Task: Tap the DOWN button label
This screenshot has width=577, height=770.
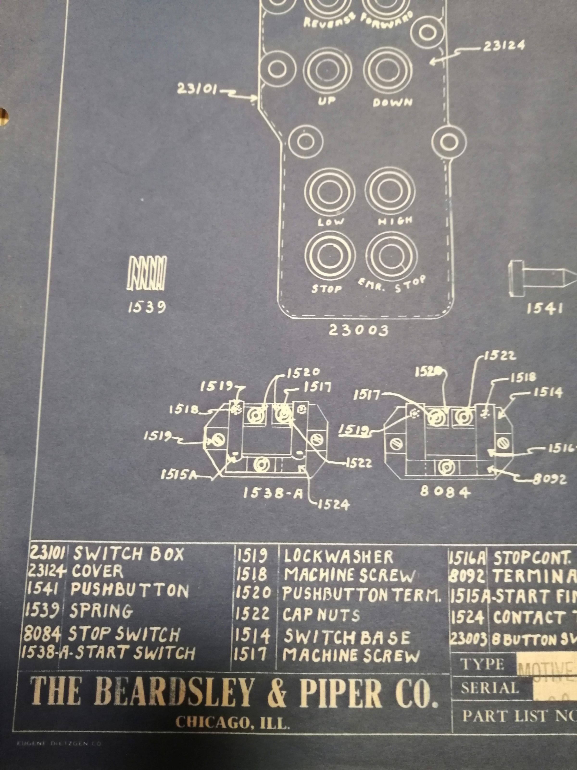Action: coord(392,102)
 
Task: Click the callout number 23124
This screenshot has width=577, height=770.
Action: coord(503,46)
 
